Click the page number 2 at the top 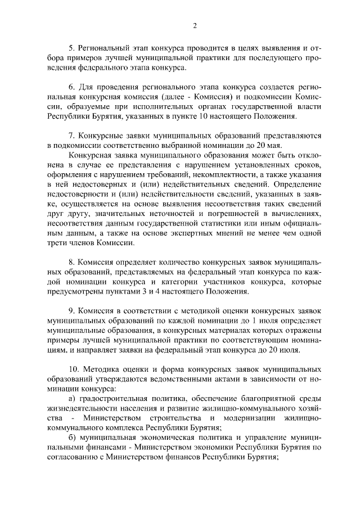tap(195, 26)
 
